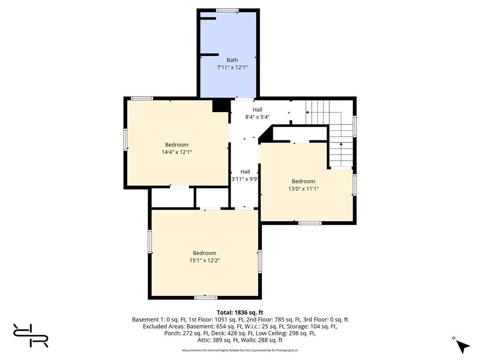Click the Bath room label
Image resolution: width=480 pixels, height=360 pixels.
[232, 60]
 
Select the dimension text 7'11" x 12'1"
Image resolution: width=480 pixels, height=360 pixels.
[232, 67]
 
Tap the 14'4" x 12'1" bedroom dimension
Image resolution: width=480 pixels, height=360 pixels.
[176, 152]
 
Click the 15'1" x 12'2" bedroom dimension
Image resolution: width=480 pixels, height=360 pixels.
[204, 260]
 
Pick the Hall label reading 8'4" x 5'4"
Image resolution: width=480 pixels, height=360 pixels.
[257, 110]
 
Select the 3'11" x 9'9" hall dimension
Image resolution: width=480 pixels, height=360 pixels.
[245, 179]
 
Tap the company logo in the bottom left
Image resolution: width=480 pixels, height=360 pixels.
[30, 335]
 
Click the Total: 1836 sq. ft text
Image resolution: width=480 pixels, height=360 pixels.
[240, 312]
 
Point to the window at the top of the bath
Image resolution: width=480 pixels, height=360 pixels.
[227, 10]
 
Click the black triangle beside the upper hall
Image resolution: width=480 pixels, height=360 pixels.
[266, 135]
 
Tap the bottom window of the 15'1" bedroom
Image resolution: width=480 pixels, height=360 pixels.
[206, 297]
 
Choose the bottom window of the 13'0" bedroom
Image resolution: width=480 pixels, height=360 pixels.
[310, 223]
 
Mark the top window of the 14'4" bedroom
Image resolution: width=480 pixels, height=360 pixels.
[142, 98]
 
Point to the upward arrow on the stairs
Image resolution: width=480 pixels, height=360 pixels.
[341, 144]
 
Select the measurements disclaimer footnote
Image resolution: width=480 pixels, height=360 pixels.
[240, 350]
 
